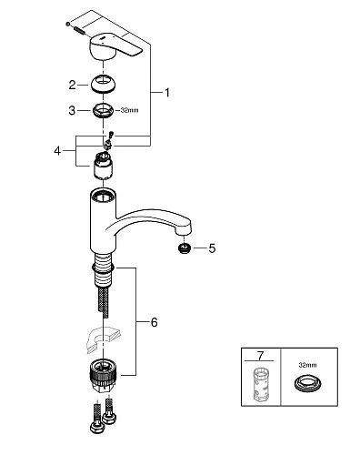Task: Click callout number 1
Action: [165, 92]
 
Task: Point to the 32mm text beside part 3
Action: [133, 112]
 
